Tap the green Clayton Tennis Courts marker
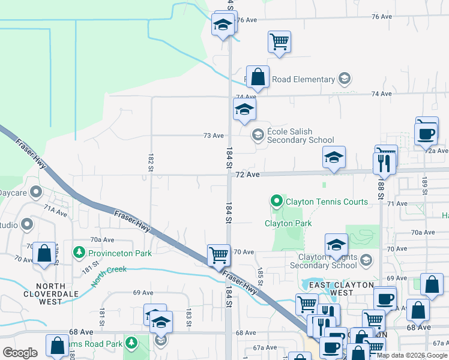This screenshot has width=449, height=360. (x=276, y=201)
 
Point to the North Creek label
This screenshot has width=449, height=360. (x=109, y=270)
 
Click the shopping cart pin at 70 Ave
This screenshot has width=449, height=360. (x=219, y=255)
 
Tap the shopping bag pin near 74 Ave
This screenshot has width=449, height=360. (x=258, y=77)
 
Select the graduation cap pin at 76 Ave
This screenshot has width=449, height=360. (x=223, y=25)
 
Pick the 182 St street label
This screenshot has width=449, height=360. (x=151, y=162)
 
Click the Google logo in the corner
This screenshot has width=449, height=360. (x=20, y=353)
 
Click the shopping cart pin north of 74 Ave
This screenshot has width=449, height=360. (x=279, y=42)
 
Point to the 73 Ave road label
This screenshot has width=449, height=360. (x=214, y=136)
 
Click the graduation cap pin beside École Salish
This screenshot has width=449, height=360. (x=244, y=109)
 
